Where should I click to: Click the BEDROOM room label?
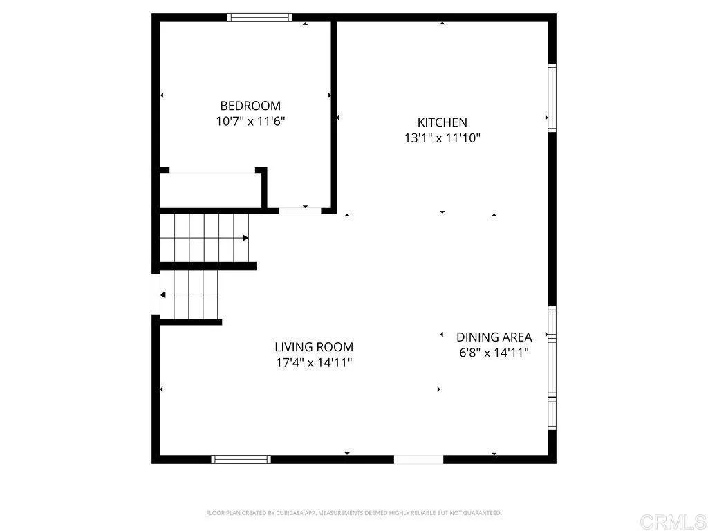pos(250,106)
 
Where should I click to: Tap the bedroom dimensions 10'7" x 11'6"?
pos(250,121)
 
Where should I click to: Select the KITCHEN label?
pos(442,122)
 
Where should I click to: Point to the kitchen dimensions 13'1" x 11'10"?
pos(442,138)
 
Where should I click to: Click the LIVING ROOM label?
pos(314,347)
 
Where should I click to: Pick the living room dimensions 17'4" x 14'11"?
pos(314,362)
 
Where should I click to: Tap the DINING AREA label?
pos(494,337)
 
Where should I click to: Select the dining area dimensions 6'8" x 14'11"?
pos(494,353)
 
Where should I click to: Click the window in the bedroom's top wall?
pos(260,18)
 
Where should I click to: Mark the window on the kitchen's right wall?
pos(552,97)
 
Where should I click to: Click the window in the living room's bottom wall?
pos(241,459)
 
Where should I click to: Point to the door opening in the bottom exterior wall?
pos(418,459)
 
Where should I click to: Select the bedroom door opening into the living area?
pos(299,209)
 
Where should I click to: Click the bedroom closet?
pos(210,189)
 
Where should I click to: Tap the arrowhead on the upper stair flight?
pos(245,239)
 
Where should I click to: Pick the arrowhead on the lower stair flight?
pos(163,295)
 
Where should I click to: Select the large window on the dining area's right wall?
pos(552,366)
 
